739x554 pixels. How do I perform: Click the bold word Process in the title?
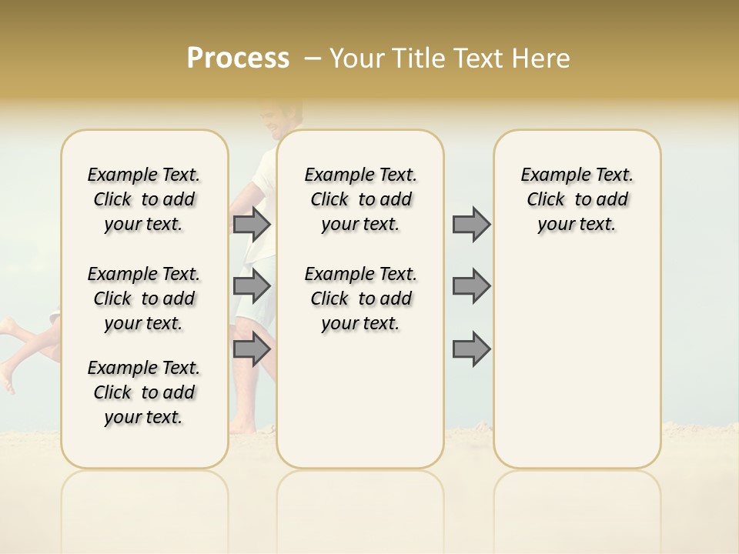238,58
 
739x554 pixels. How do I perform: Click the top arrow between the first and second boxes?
252,224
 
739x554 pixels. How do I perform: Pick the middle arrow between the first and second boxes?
252,286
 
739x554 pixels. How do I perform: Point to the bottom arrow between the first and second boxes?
252,349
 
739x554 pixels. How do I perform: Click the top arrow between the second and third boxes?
471,224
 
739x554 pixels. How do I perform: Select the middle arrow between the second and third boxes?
471,286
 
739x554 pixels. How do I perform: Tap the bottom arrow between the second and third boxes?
471,349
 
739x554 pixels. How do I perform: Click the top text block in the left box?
144,199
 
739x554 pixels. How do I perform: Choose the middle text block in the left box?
144,299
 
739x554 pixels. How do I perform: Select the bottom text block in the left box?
144,392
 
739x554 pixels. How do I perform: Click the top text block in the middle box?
361,199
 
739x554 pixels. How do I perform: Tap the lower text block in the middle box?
361,299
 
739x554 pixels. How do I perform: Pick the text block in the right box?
577,199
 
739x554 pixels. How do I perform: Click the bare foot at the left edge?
7,380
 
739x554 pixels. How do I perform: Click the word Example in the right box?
550,175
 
